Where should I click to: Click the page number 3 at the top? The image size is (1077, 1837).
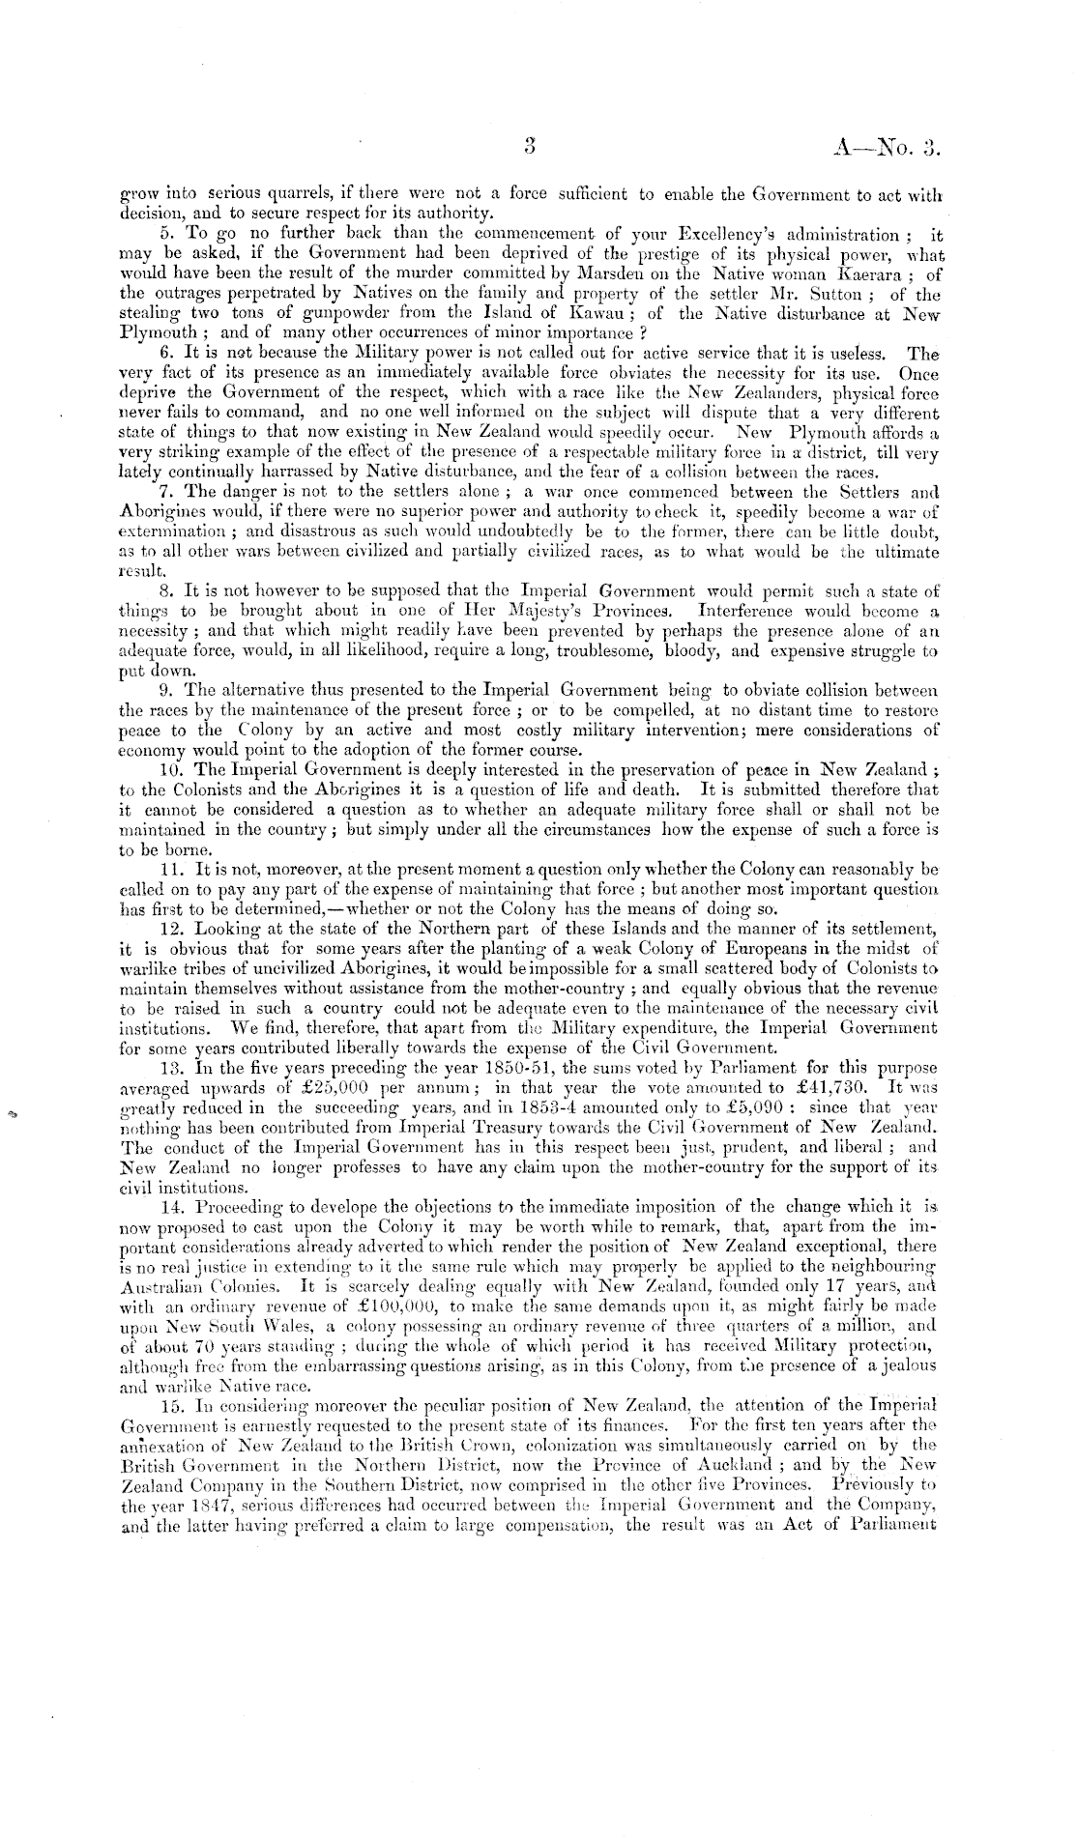pyautogui.click(x=528, y=146)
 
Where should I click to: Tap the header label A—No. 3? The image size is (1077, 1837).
pyautogui.click(x=886, y=147)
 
